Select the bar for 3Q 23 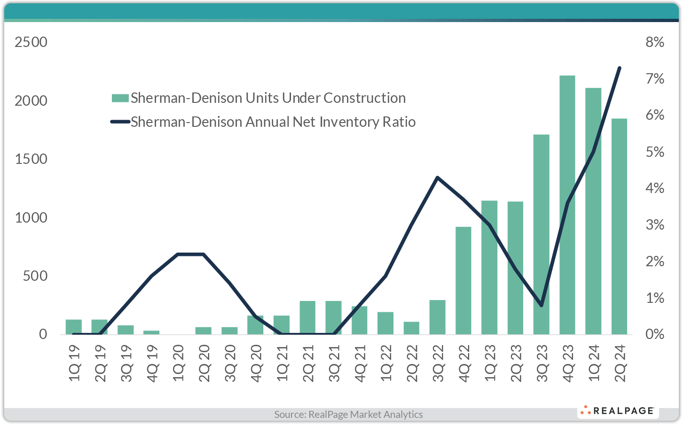click(542, 234)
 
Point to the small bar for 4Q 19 click(151, 332)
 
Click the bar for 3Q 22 click(437, 317)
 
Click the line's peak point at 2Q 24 click(619, 68)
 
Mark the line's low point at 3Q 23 click(542, 306)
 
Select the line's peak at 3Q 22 click(437, 177)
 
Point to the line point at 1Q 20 click(178, 254)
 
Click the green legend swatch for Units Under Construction click(120, 98)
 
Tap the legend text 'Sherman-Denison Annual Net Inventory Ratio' click(273, 122)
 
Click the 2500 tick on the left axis click(31, 42)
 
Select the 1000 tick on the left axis click(31, 218)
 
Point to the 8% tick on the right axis click(655, 42)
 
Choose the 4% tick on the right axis click(655, 188)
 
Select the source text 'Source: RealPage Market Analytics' click(348, 414)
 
